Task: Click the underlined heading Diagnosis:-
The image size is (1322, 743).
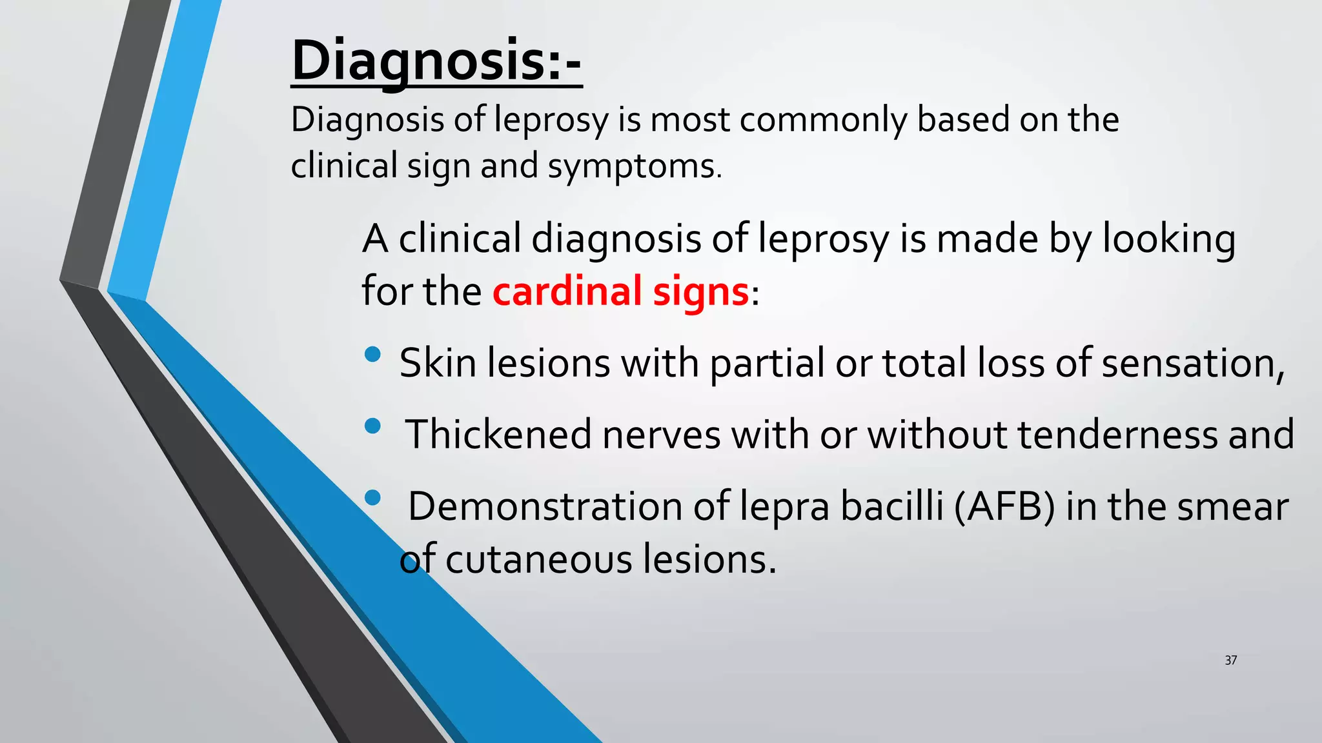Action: point(436,61)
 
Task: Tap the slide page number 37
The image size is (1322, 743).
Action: point(1230,660)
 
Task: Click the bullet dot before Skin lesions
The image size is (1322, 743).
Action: point(372,354)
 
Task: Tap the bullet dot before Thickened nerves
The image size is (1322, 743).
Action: point(372,426)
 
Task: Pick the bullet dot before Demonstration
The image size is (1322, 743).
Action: point(372,497)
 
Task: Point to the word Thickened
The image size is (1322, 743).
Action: point(498,434)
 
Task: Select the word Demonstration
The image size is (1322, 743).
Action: point(545,506)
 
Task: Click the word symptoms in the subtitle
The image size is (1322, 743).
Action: point(635,166)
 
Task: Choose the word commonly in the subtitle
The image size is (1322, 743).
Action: point(822,121)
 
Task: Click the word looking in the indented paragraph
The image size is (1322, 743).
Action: point(1168,239)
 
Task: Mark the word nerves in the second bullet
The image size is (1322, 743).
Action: point(661,435)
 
